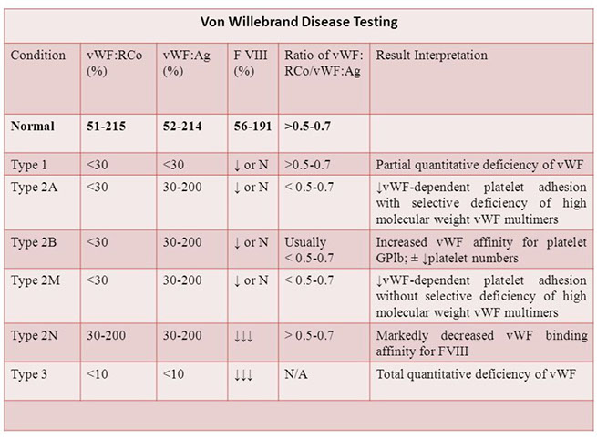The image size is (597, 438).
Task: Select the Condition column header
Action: click(38, 56)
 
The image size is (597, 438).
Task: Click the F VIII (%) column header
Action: click(249, 63)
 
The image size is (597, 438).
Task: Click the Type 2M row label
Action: click(36, 280)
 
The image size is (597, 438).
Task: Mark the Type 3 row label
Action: click(31, 372)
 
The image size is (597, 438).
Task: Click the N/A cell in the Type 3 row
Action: click(297, 372)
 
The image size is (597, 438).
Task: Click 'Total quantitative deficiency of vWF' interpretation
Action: click(480, 372)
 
